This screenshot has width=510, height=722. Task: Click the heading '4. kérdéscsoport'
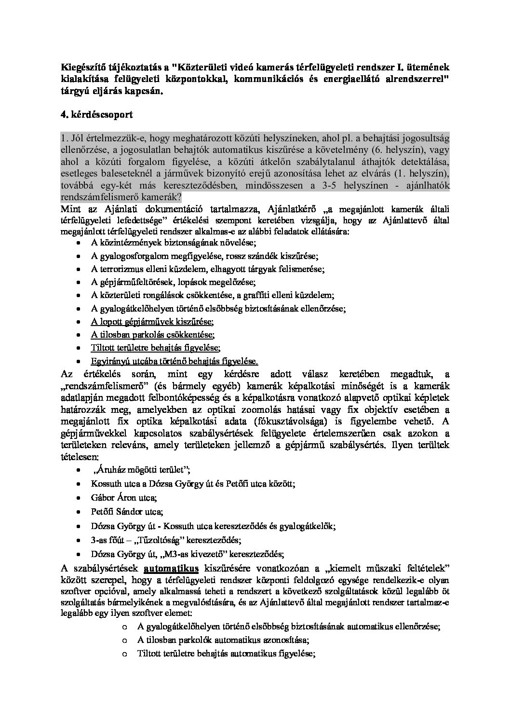click(x=96, y=115)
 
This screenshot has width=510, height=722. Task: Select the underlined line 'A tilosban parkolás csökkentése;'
click(x=152, y=335)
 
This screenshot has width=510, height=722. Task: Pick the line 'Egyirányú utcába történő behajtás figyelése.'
click(x=174, y=361)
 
